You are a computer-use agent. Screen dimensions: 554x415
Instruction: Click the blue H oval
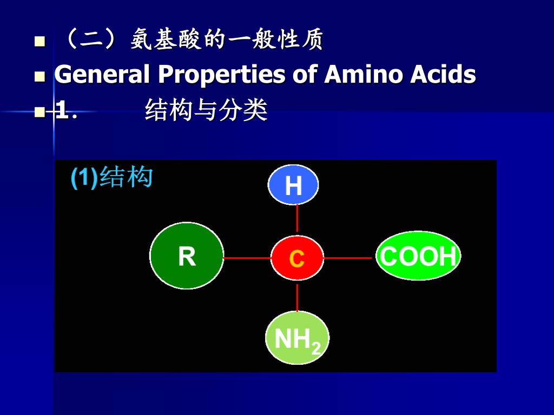click(293, 185)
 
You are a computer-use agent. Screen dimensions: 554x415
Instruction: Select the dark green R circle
click(187, 256)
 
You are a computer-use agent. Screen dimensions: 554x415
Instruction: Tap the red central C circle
click(297, 258)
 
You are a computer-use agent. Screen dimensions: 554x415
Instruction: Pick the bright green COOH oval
click(418, 256)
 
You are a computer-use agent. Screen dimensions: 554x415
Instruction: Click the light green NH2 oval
click(297, 338)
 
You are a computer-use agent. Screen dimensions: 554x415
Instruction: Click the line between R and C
click(247, 258)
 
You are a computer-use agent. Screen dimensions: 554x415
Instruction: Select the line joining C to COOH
click(349, 258)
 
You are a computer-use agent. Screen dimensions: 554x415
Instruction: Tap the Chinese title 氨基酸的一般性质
click(227, 40)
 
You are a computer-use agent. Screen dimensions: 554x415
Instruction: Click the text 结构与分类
click(206, 111)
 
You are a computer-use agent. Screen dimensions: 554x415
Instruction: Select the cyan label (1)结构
click(112, 178)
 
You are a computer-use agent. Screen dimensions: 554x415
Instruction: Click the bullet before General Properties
click(39, 76)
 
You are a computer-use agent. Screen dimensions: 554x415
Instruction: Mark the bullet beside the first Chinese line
click(39, 42)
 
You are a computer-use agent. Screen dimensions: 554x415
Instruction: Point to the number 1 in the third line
click(63, 112)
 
